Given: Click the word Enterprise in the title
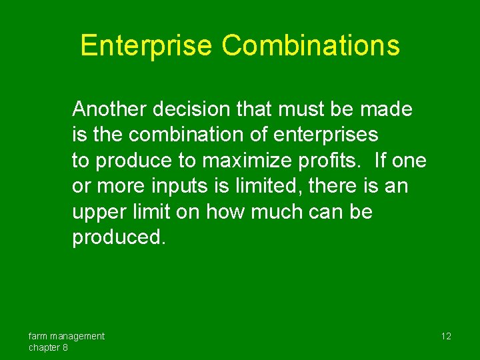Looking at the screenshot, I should [146, 46].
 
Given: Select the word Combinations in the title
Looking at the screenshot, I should [311, 46].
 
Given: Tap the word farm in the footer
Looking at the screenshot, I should [39, 336].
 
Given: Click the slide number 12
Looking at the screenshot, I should [446, 336].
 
